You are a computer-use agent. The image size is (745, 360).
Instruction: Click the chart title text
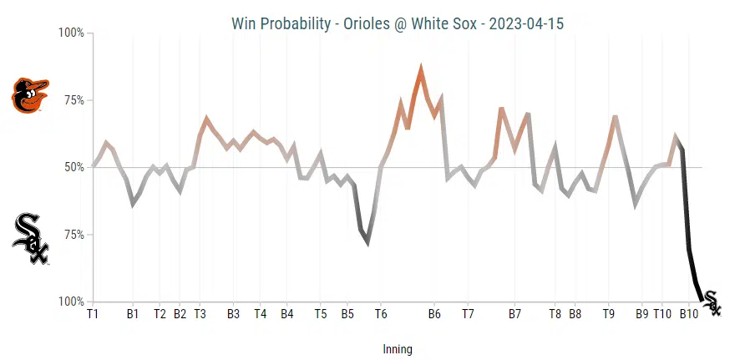(397, 23)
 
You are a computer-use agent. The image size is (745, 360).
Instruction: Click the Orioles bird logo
(30, 95)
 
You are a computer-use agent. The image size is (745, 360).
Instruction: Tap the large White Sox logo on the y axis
(30, 238)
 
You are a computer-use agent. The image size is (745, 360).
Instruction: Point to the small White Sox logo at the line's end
(712, 302)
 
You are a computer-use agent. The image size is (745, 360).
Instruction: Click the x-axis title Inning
(397, 349)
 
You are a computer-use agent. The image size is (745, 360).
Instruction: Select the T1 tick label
(93, 314)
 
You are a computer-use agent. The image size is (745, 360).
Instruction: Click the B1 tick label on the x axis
(133, 314)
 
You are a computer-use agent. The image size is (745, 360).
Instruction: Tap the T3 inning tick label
(200, 314)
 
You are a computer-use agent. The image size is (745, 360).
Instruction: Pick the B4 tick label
(286, 314)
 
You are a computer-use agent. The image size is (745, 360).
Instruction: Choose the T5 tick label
(321, 314)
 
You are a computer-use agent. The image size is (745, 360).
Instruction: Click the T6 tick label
(381, 314)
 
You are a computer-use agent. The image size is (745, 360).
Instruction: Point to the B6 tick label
(434, 314)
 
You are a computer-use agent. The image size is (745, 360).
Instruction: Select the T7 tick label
(468, 314)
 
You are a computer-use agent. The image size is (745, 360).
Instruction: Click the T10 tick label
(662, 314)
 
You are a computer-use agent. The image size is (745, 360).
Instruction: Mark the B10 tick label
(689, 314)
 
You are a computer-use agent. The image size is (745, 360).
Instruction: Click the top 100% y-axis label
(70, 33)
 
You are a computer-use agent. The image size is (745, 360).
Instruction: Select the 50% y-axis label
(73, 167)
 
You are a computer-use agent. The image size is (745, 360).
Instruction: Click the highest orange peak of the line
(421, 69)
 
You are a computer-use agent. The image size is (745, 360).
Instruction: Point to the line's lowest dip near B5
(367, 242)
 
